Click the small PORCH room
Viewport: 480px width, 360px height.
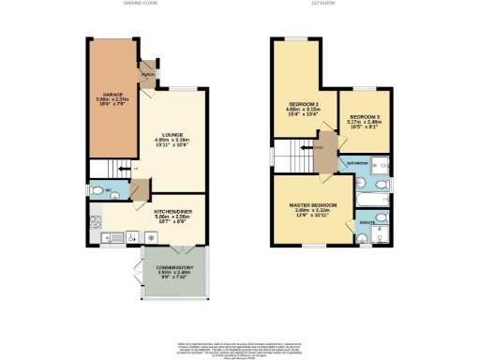pyautogui.click(x=148, y=72)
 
